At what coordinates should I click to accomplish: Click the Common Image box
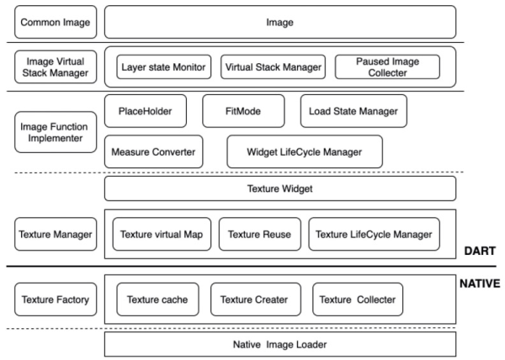click(x=56, y=22)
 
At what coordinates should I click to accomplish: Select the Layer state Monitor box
click(x=163, y=67)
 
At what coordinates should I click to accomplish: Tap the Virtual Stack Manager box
click(x=273, y=67)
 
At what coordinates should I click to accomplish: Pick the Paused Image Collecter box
click(x=387, y=67)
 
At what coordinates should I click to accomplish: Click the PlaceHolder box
click(x=146, y=111)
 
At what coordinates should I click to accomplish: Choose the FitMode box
click(x=243, y=111)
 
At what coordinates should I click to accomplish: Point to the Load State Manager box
click(x=353, y=111)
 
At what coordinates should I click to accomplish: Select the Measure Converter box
click(x=154, y=151)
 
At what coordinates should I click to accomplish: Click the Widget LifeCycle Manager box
click(x=305, y=151)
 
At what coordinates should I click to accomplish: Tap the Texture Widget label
click(x=280, y=188)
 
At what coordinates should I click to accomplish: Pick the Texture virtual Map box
click(x=162, y=234)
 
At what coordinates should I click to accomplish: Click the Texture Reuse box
click(x=259, y=234)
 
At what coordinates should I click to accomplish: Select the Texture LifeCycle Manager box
click(x=374, y=234)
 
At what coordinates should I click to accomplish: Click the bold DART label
click(x=480, y=251)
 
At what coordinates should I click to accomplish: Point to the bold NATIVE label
click(x=480, y=283)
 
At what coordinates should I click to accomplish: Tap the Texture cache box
click(x=157, y=299)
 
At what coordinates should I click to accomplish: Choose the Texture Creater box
click(x=256, y=299)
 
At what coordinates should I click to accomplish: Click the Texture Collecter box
click(x=358, y=299)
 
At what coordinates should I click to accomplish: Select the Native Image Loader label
click(x=280, y=345)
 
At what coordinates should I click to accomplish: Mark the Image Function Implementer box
click(x=56, y=132)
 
